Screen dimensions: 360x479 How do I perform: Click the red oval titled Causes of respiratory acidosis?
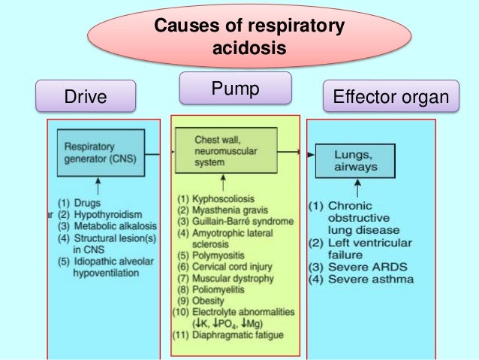[249, 37]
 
